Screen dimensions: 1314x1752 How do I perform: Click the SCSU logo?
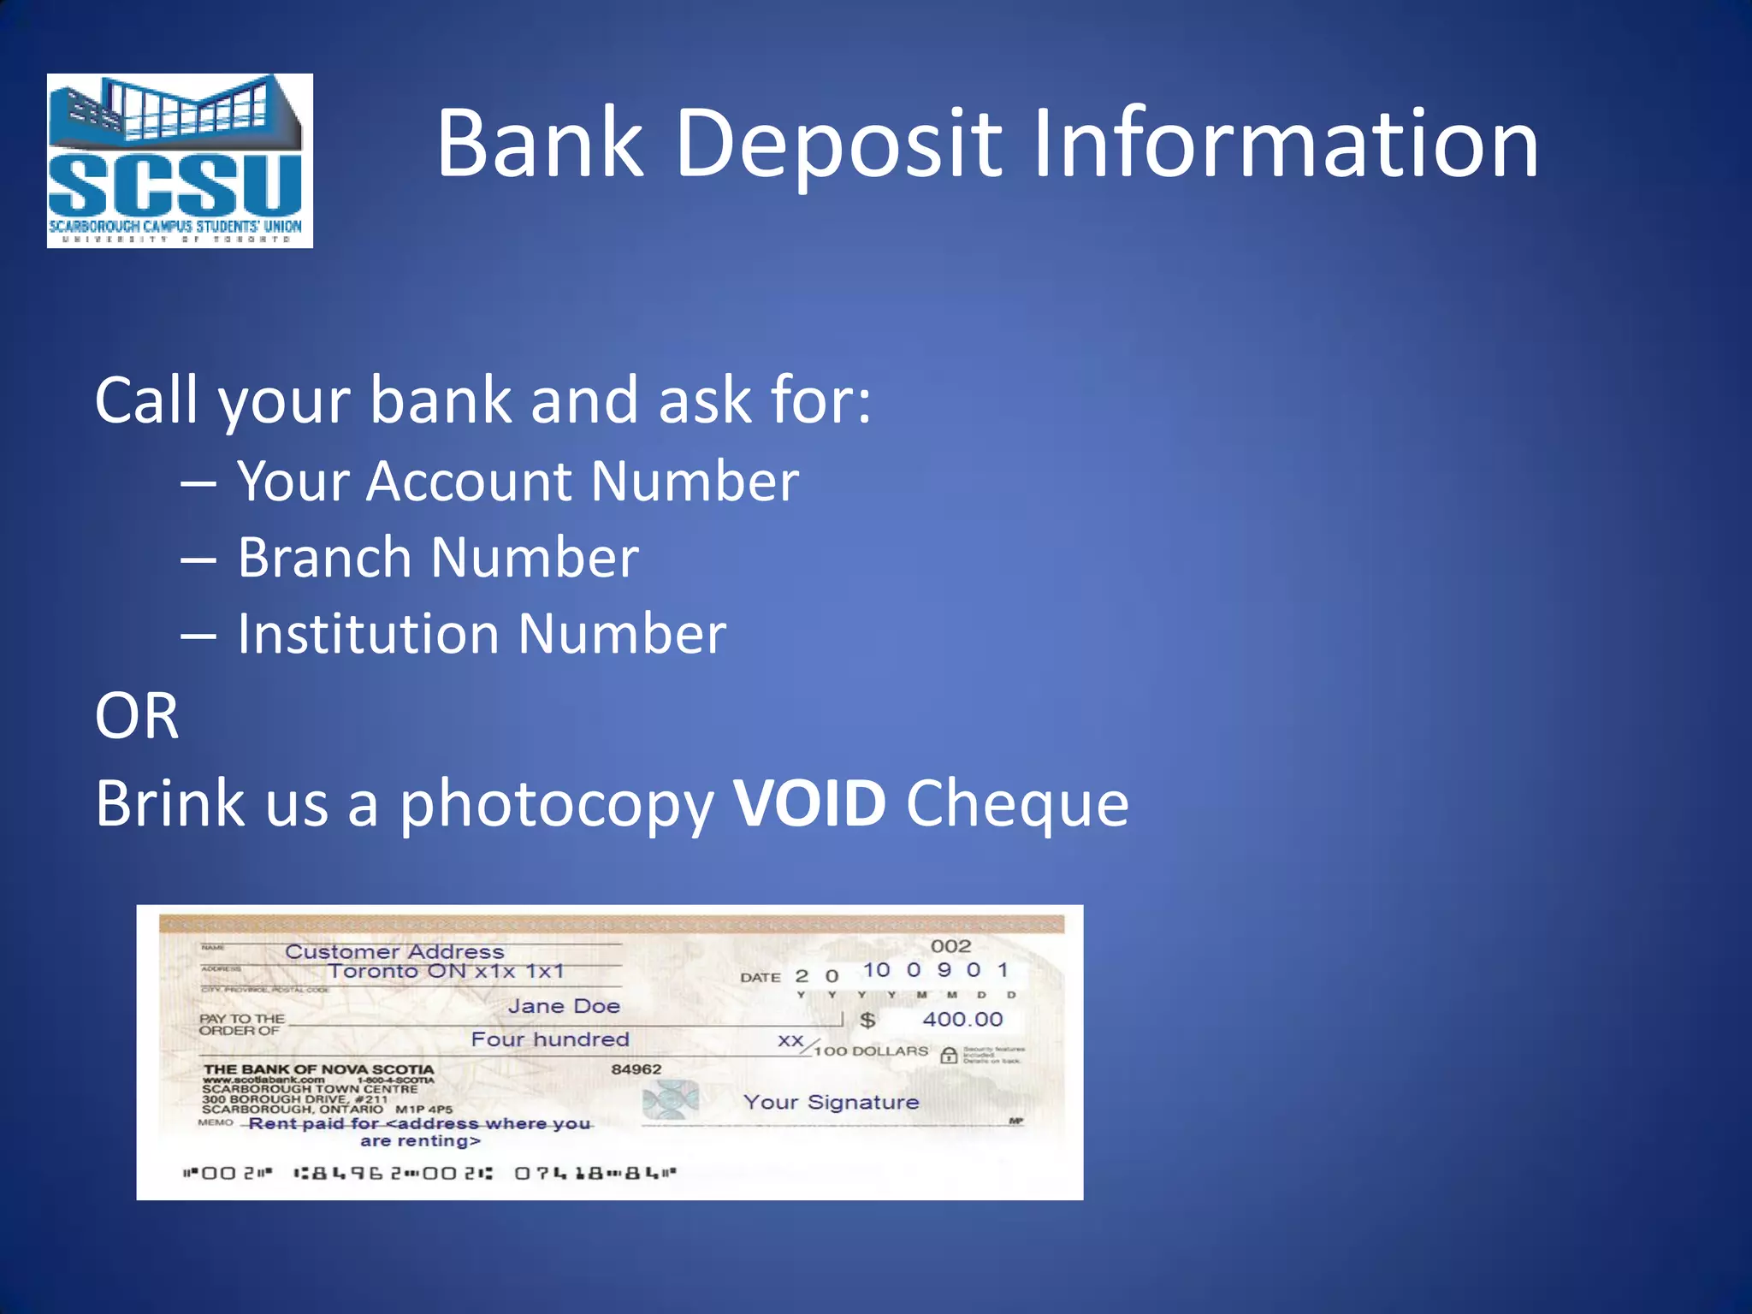[x=180, y=161]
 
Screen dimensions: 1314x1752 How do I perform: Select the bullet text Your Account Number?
[x=518, y=481]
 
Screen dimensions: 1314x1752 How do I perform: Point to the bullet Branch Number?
[x=437, y=558]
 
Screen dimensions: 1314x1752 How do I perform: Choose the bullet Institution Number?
[x=481, y=634]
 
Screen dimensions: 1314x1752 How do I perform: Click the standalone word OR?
[x=137, y=716]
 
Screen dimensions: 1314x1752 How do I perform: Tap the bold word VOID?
[x=809, y=803]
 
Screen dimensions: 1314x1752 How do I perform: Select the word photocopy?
[x=556, y=805]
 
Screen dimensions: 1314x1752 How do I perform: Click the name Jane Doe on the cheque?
[x=564, y=1006]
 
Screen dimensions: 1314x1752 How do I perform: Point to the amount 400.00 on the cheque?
[x=962, y=1019]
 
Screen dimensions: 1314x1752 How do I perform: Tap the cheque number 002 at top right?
[x=950, y=946]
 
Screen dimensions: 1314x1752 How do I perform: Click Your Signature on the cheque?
[x=831, y=1102]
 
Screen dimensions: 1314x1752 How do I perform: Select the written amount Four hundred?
[x=550, y=1039]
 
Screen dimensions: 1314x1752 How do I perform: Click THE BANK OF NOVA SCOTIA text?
[x=318, y=1069]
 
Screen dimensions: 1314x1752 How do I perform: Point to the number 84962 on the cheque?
[x=636, y=1069]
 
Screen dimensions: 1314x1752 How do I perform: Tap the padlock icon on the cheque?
[x=948, y=1055]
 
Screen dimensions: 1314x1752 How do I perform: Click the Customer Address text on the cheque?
[x=394, y=951]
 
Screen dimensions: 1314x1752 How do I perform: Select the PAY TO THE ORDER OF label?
[x=242, y=1024]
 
